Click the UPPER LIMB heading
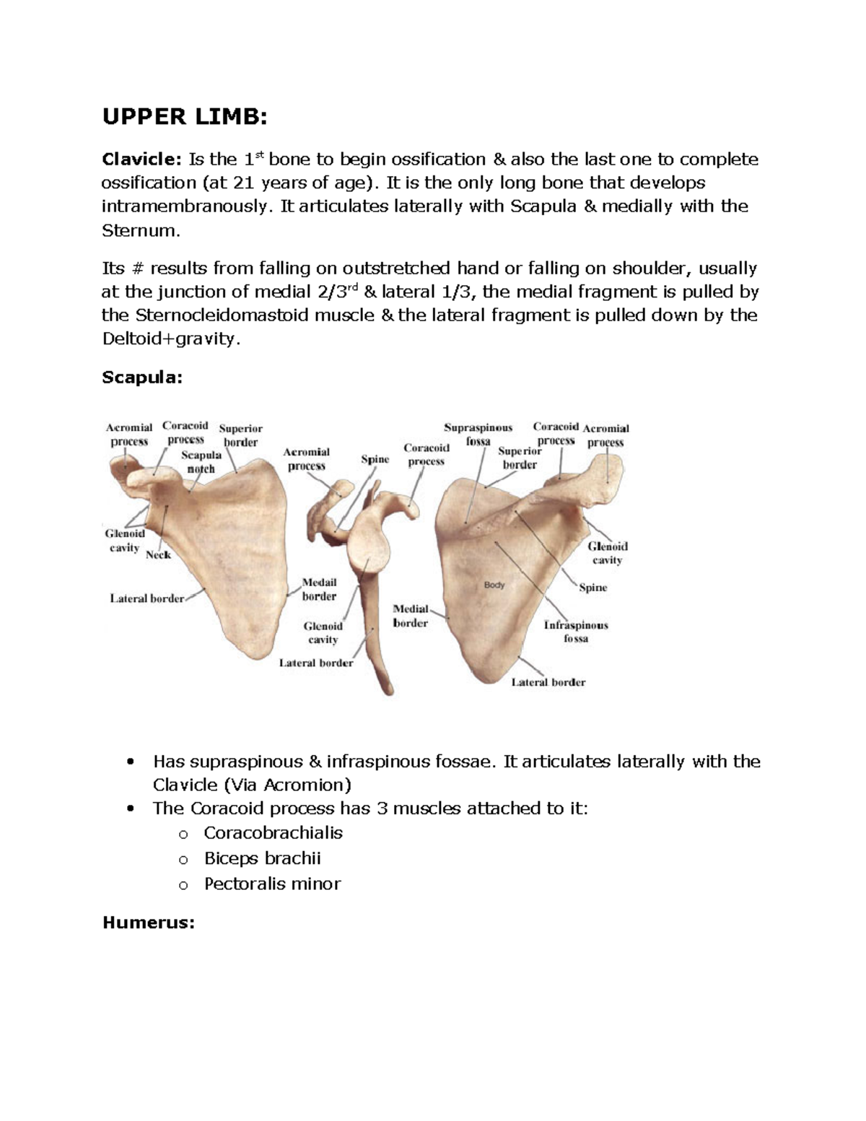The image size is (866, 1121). point(185,116)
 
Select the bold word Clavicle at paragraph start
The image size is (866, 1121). point(141,160)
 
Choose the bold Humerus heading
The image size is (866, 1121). point(149,922)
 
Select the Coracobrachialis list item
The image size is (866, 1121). point(273,833)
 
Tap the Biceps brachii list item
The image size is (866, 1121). point(262,858)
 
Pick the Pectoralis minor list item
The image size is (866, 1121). point(272,884)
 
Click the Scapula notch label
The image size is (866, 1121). point(201,462)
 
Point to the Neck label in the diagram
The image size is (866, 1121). point(158,555)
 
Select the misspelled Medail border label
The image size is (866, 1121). point(319,589)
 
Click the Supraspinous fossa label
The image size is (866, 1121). point(478,435)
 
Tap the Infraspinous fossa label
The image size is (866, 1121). point(576,632)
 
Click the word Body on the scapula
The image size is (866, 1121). point(494,585)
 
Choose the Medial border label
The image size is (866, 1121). point(411,616)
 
